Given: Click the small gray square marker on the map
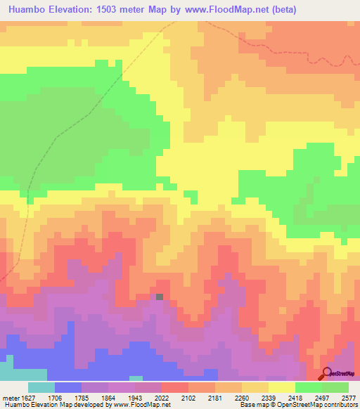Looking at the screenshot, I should coord(160,297).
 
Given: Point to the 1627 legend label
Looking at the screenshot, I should coord(29,397).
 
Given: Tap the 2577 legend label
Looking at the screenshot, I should coord(349,397).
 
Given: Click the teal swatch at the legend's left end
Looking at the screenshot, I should coord(41,387).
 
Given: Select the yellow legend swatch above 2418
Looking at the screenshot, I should coord(281,387).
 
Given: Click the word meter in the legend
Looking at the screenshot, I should coord(10,397).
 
